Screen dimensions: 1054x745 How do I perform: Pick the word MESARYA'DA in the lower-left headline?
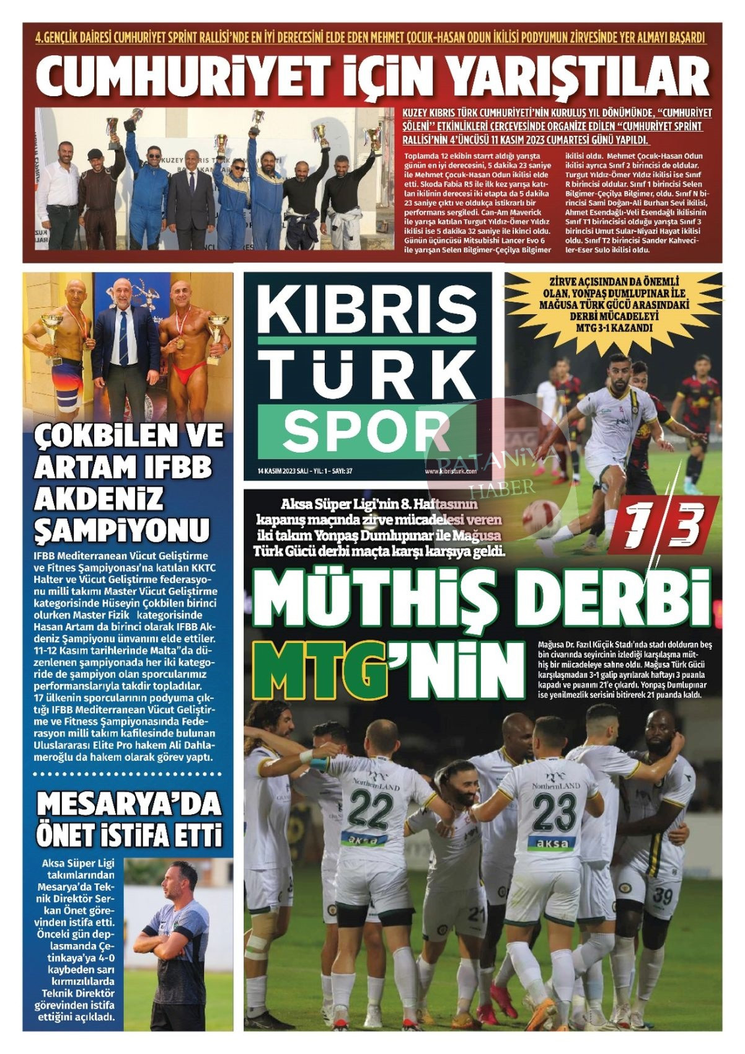pos(129,805)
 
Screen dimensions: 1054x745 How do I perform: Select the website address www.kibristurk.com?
pos(450,471)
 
